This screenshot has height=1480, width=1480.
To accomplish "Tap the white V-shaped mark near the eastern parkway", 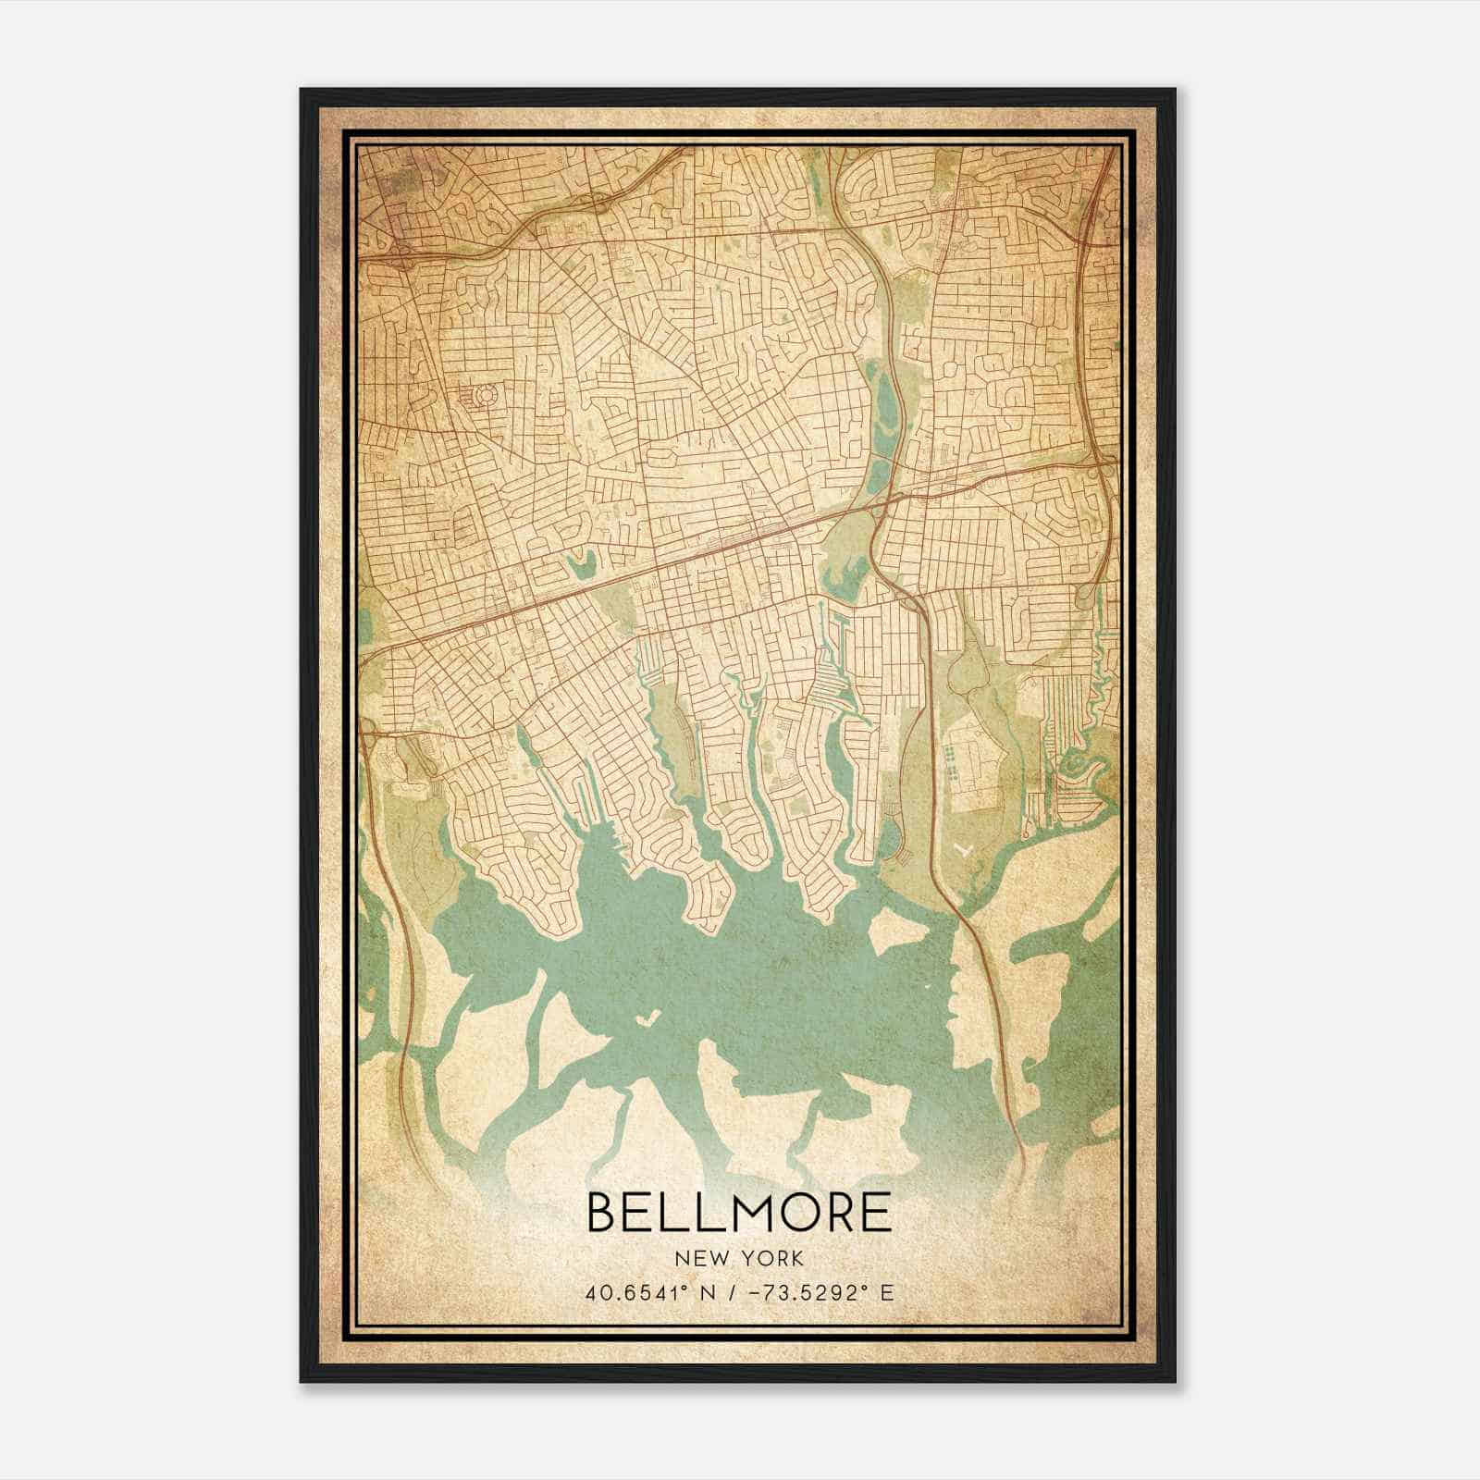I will [x=965, y=846].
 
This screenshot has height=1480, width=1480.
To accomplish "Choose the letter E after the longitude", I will [x=887, y=1293].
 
